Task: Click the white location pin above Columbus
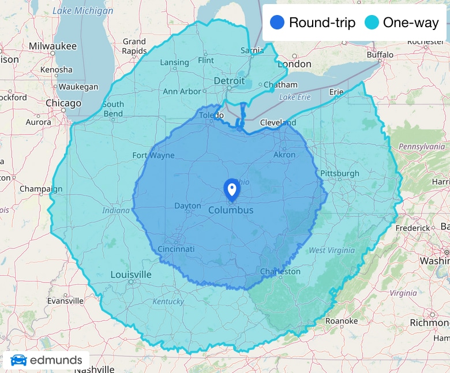click(x=231, y=189)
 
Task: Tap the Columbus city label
click(x=231, y=210)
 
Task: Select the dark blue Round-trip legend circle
click(x=277, y=23)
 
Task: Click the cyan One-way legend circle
click(x=372, y=23)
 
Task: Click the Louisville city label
click(x=131, y=274)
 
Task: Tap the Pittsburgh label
click(x=340, y=173)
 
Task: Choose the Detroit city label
click(x=229, y=81)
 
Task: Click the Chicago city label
click(x=63, y=103)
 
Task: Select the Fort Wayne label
click(x=153, y=155)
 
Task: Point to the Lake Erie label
click(x=295, y=97)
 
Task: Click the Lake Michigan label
click(x=83, y=11)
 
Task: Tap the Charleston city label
click(x=280, y=271)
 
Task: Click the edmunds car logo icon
click(x=18, y=360)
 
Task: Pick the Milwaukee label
click(x=52, y=46)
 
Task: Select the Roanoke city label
click(x=342, y=321)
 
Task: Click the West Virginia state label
click(x=333, y=251)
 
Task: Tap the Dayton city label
click(x=187, y=206)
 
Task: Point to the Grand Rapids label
click(x=134, y=46)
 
